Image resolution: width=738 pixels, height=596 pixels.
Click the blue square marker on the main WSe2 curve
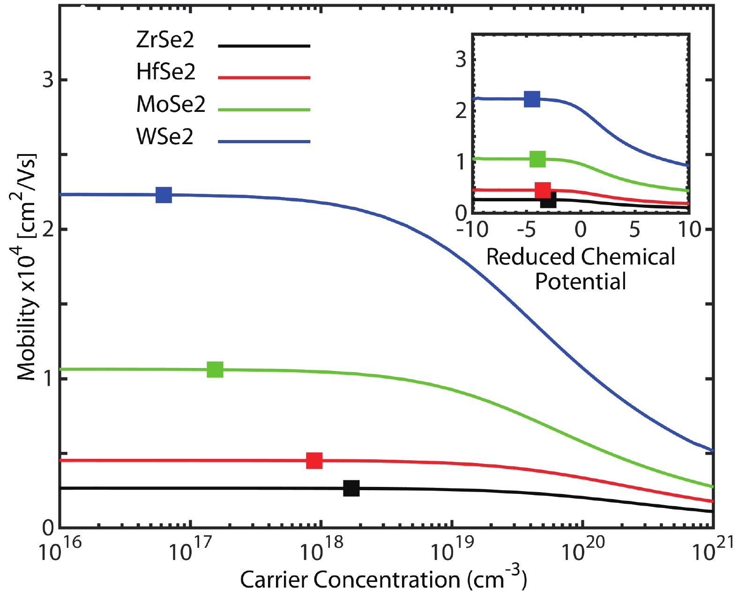click(164, 195)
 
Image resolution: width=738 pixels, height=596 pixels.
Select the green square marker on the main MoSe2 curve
click(215, 369)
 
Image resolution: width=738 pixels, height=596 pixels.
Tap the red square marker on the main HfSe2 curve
click(314, 460)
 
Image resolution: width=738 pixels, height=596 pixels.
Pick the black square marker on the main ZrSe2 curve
click(351, 488)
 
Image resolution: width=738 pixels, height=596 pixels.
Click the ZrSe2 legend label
click(165, 40)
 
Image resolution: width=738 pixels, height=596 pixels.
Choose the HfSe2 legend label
click(165, 72)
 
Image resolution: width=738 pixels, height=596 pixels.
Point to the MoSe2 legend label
click(171, 104)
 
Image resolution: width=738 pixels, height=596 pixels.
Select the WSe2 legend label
click(164, 137)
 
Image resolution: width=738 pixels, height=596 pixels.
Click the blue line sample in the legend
click(264, 141)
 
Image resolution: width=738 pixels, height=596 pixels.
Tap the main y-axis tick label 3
click(48, 80)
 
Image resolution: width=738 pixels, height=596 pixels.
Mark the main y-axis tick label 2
click(48, 229)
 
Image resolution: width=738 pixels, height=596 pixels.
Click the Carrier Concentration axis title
click(383, 580)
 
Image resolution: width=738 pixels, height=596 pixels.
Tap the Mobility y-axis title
click(27, 267)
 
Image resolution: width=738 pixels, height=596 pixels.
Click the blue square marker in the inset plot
click(532, 99)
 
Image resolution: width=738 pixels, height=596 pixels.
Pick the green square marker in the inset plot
click(537, 159)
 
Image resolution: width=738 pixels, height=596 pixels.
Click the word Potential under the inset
click(581, 282)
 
